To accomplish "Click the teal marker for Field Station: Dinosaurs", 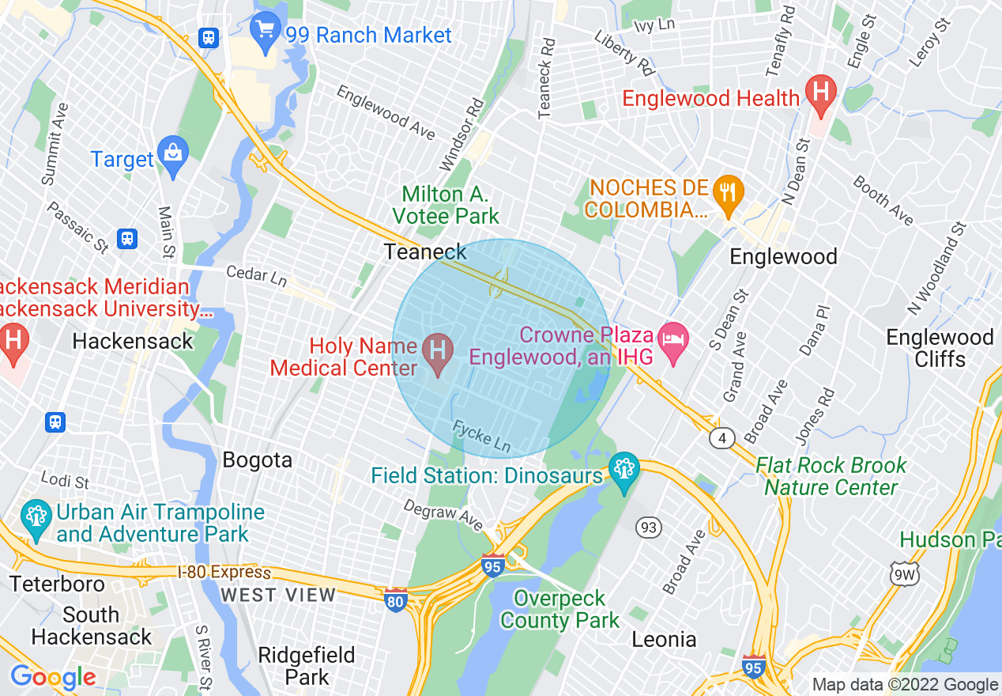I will click(x=623, y=471).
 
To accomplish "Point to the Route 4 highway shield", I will click(x=721, y=437).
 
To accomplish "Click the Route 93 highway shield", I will click(x=649, y=528).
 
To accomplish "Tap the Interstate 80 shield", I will click(x=396, y=601).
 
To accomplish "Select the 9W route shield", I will click(x=902, y=574).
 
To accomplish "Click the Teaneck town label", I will click(x=425, y=252).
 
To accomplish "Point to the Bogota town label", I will click(x=257, y=460).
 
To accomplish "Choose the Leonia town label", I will click(x=664, y=639).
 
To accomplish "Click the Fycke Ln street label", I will click(x=481, y=437).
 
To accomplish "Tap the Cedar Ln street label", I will click(x=256, y=277).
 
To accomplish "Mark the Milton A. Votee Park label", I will click(x=450, y=205).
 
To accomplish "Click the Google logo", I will click(x=53, y=677).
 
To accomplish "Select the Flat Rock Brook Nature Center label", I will click(x=831, y=476).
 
